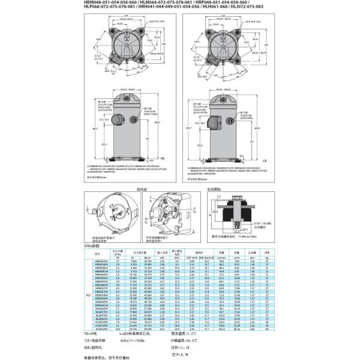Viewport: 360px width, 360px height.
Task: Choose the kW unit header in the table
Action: coord(162,259)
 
